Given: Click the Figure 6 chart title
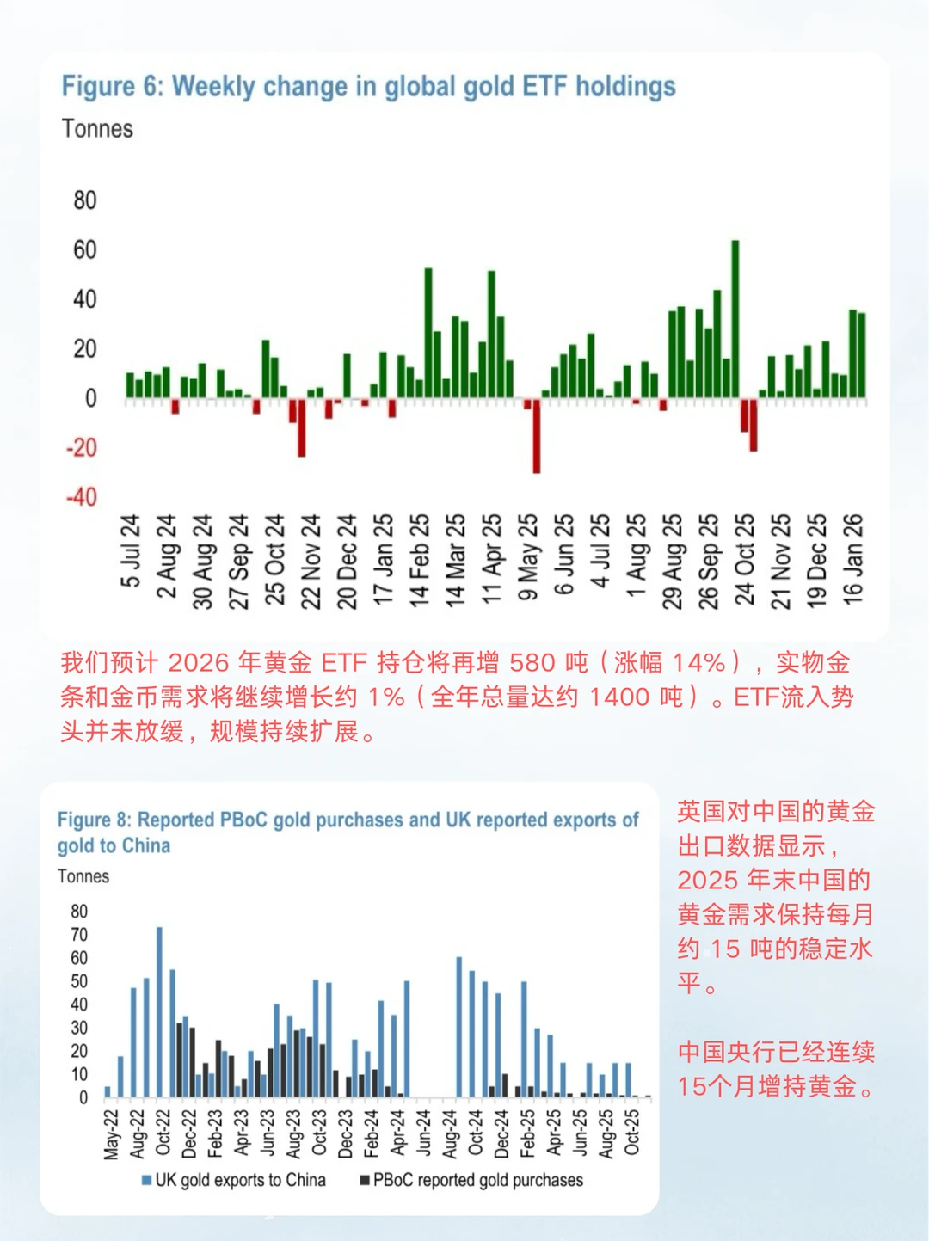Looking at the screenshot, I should click(368, 87).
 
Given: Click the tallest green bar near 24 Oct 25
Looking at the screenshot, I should click(735, 318).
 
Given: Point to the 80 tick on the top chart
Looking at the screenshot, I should click(84, 200).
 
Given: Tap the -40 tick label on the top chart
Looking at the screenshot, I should click(82, 497).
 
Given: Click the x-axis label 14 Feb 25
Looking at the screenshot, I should click(419, 561).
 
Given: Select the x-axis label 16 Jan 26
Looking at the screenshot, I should click(852, 558).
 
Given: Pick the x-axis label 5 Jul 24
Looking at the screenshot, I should click(130, 551).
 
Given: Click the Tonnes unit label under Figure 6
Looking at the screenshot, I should click(97, 129).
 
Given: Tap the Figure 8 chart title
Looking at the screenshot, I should click(348, 832).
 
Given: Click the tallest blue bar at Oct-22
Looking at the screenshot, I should click(159, 1011).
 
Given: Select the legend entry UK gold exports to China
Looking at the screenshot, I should click(234, 1180).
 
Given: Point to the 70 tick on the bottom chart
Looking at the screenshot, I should click(79, 935).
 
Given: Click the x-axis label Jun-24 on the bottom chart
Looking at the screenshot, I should click(423, 1133).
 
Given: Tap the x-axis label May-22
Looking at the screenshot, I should click(111, 1134).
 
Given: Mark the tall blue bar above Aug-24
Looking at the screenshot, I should click(458, 1027).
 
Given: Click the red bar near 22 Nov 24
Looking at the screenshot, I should click(302, 427).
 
